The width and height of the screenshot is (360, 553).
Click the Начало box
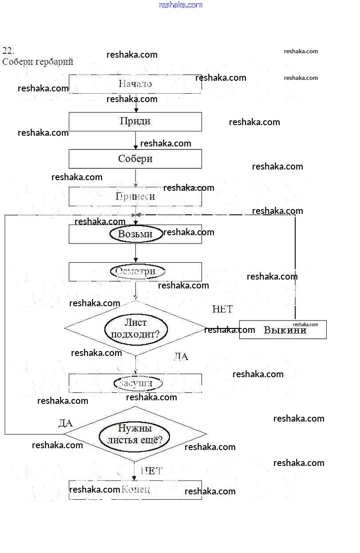point(135,84)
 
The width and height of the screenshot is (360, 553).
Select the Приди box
point(135,121)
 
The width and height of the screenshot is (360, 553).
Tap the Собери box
point(135,159)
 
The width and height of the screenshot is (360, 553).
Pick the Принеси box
point(135,196)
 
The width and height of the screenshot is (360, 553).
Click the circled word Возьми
point(136,234)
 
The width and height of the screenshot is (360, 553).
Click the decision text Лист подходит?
point(136,328)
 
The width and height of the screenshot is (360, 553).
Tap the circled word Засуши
point(138,383)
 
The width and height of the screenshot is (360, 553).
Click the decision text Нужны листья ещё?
point(135,434)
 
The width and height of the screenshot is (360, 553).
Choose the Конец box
point(135,490)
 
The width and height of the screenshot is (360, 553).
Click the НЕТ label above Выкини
point(222,309)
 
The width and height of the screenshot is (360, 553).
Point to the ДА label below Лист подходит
point(181,356)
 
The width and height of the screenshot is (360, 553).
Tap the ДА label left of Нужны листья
point(65,423)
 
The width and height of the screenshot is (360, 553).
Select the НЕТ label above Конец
point(152,471)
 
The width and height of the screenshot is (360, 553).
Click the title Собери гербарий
point(38,62)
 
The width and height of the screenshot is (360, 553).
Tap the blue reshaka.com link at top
point(180,5)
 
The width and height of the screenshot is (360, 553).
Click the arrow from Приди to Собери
point(136,140)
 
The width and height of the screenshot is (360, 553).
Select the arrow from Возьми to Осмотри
point(136,253)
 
